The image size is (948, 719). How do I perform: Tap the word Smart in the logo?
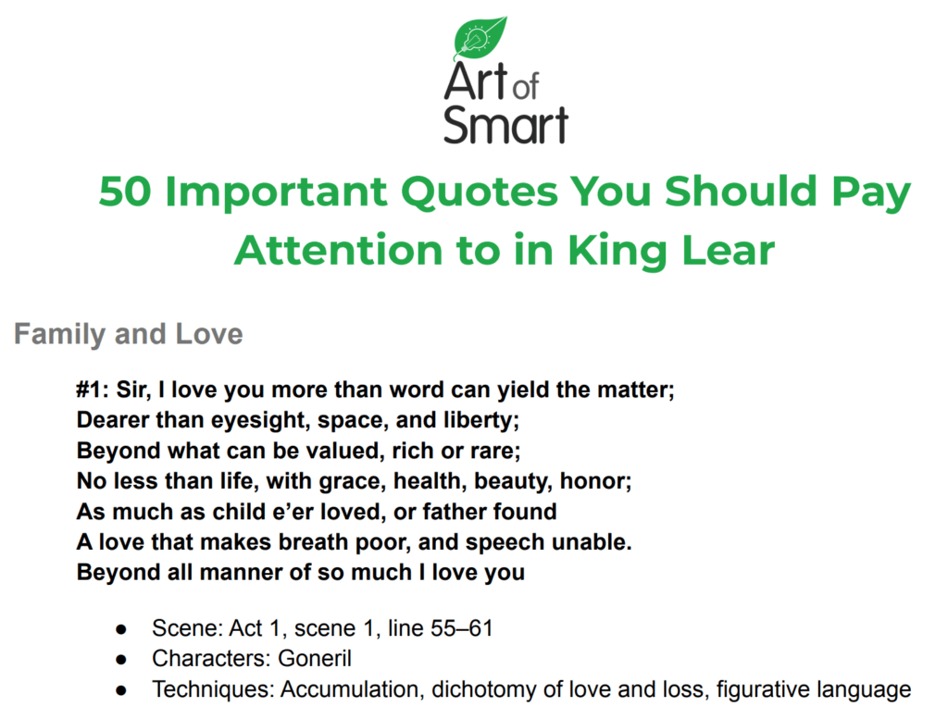505,124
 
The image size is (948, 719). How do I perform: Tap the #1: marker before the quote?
94,390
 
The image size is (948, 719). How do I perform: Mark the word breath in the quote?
311,542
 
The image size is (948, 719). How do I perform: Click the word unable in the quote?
591,542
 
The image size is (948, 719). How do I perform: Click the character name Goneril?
316,660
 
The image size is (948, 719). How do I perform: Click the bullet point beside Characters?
121,660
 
